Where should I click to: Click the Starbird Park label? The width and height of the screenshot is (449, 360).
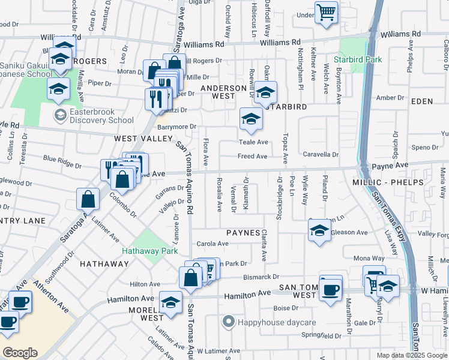(358, 60)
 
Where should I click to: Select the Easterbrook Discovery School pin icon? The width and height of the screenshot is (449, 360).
(60, 114)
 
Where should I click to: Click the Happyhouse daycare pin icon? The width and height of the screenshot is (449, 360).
(228, 323)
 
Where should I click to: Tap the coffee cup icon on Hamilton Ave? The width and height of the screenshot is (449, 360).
(330, 290)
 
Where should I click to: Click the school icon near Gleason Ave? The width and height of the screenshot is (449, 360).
(319, 230)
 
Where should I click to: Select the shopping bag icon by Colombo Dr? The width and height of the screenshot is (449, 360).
(88, 199)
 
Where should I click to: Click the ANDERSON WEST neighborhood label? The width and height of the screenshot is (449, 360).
(226, 92)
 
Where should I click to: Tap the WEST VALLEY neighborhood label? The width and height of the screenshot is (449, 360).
(135, 138)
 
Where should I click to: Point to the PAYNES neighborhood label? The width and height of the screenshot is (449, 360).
(243, 232)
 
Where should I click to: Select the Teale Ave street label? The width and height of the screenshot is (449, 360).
(253, 142)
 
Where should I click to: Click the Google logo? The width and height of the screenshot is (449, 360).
(20, 352)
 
